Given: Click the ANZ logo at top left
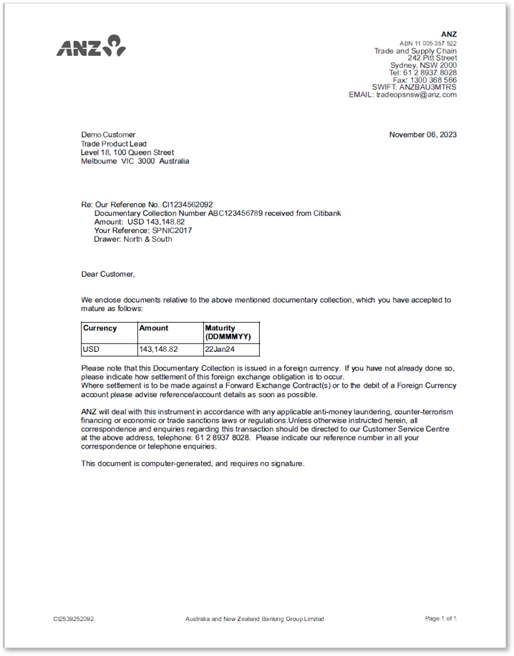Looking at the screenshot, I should [91, 46].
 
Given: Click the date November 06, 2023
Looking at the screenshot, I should [422, 134].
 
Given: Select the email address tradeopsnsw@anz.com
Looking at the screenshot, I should [416, 94].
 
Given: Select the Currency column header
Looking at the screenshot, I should [100, 328].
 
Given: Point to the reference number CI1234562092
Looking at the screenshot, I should [188, 205].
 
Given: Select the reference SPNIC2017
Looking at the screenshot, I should [172, 230].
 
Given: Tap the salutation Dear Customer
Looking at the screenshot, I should [107, 273].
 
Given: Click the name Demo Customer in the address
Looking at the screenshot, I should [108, 134].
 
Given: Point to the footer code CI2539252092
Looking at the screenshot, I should [73, 619].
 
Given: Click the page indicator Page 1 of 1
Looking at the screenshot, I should [440, 619].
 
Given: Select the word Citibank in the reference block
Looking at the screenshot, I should [326, 213].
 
